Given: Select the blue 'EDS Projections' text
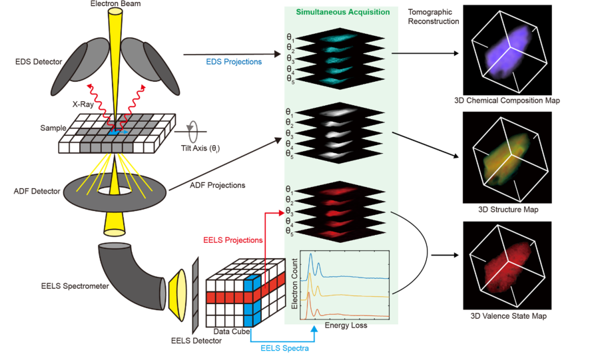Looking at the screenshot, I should (x=232, y=62).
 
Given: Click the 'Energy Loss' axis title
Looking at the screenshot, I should (x=346, y=326).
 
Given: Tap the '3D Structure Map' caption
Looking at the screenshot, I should (x=508, y=210).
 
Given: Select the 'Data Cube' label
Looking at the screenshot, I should (x=230, y=331).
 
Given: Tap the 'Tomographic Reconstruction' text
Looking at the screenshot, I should (x=433, y=17).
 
